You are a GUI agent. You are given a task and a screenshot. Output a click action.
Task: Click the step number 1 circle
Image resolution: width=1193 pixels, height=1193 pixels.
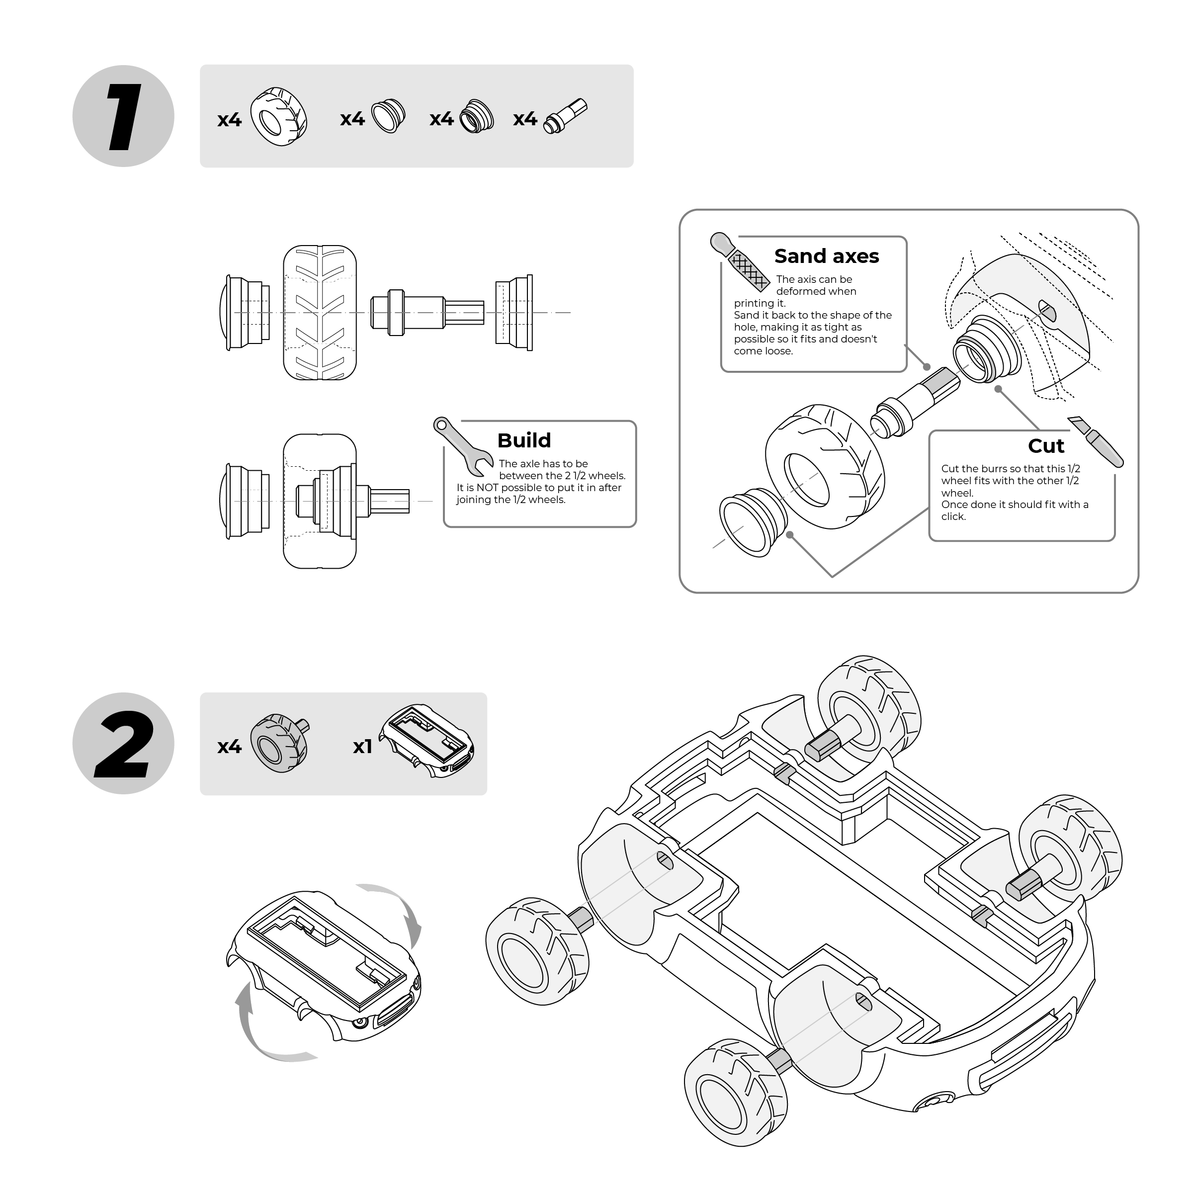123,116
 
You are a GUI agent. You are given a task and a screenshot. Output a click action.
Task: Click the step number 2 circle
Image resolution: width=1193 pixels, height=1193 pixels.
123,744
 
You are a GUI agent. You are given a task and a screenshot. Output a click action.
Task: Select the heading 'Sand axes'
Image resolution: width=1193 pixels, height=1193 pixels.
826,256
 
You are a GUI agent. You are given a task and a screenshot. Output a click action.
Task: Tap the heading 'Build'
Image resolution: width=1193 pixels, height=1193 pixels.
523,440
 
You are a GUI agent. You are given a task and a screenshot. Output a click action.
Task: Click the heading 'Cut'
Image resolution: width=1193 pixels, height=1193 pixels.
1045,446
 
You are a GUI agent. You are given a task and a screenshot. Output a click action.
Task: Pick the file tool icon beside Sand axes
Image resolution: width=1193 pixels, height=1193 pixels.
740,262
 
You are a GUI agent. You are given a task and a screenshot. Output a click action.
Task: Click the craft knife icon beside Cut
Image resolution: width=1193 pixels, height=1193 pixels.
1096,441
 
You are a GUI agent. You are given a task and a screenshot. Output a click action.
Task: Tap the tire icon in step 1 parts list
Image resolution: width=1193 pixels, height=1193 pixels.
278,116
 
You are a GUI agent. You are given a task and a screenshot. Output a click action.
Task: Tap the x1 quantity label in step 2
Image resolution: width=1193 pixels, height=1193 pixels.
362,747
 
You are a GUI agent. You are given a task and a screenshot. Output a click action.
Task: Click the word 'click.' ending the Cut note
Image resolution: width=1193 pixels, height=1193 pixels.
953,516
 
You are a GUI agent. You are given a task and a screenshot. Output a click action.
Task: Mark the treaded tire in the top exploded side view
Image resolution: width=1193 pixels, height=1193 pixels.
320,313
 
